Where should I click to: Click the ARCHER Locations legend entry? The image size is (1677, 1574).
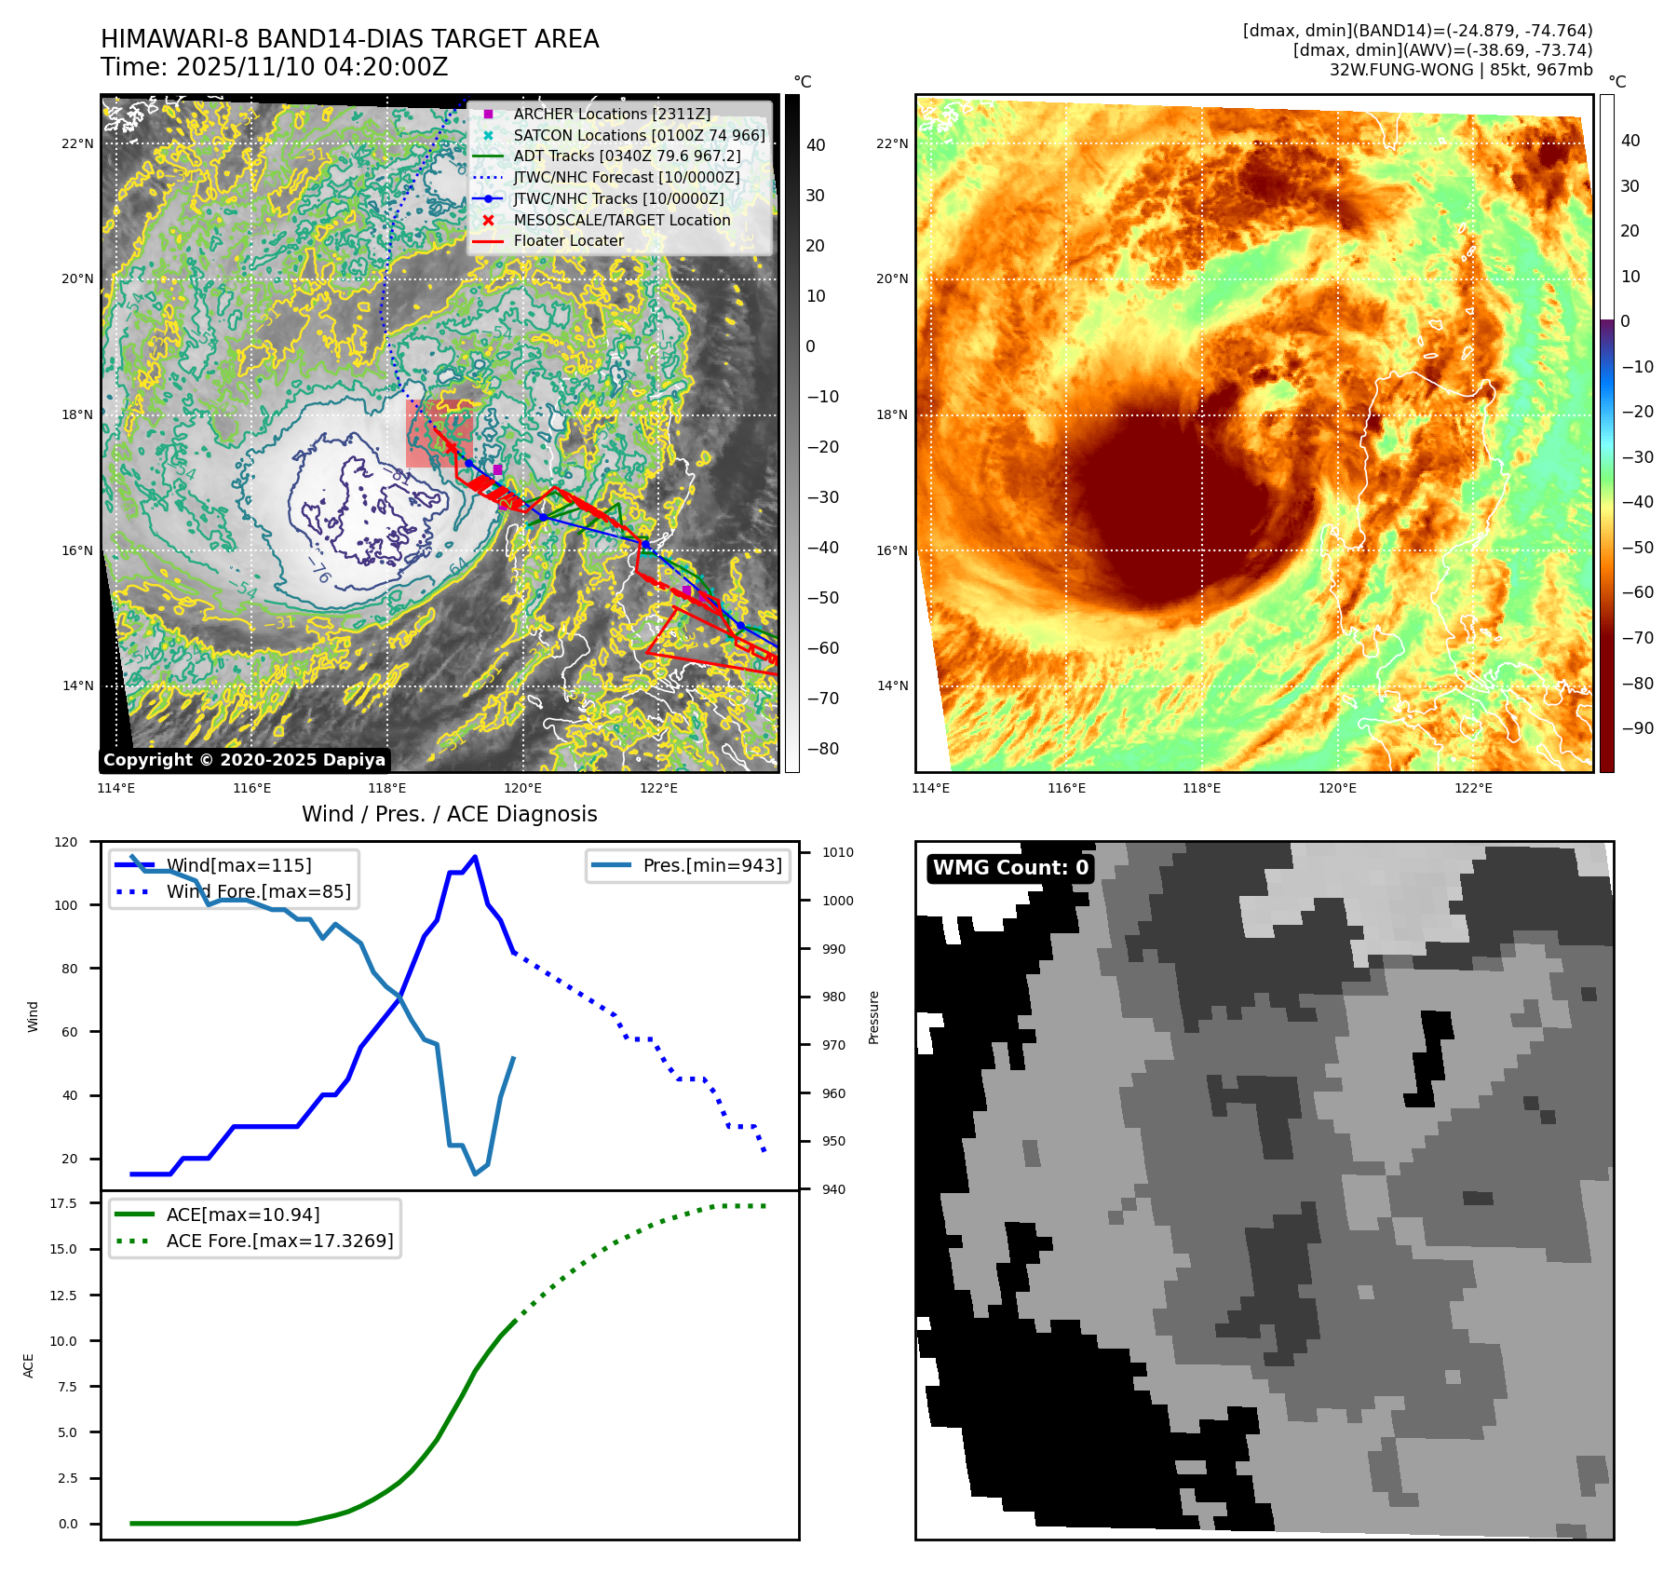[x=611, y=114]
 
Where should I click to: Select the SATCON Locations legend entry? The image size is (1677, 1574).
[x=639, y=135]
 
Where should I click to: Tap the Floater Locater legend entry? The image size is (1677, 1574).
[x=568, y=240]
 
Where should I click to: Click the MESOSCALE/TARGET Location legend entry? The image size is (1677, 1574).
[x=621, y=220]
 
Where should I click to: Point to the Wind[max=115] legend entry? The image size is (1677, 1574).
[x=238, y=865]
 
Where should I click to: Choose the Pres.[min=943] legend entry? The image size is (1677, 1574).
[x=711, y=865]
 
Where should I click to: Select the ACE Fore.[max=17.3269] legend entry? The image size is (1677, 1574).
[x=279, y=1241]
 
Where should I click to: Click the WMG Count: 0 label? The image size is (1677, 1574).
[x=1010, y=868]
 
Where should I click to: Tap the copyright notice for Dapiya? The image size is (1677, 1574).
[x=244, y=760]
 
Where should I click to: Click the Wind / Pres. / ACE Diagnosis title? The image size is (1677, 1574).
[x=449, y=814]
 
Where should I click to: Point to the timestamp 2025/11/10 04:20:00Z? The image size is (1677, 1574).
[x=311, y=67]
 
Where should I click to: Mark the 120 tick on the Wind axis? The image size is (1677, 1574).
[x=66, y=842]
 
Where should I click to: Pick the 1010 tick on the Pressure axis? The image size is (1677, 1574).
[x=837, y=852]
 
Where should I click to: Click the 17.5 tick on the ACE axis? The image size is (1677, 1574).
[x=63, y=1203]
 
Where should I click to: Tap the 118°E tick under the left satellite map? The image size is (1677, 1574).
[x=387, y=788]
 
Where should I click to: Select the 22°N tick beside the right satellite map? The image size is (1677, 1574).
[x=891, y=143]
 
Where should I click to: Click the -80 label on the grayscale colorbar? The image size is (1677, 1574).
[x=822, y=749]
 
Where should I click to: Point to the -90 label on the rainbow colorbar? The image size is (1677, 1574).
[x=1637, y=728]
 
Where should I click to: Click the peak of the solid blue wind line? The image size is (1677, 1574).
[x=475, y=857]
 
